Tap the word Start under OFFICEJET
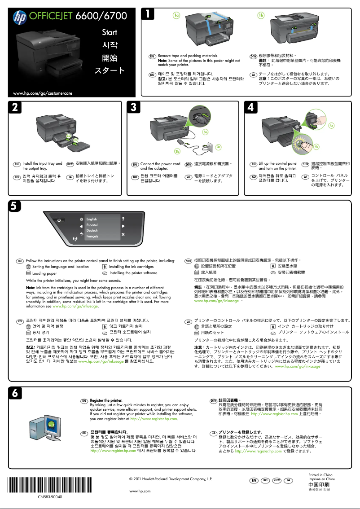click(109, 32)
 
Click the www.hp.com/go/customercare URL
click(43, 93)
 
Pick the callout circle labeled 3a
click(205, 132)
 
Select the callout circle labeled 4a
click(331, 125)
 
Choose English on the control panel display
click(92, 219)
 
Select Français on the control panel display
click(92, 236)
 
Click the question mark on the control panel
click(123, 219)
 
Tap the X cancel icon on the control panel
click(123, 235)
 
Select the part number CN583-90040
click(50, 497)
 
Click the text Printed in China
click(320, 474)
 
